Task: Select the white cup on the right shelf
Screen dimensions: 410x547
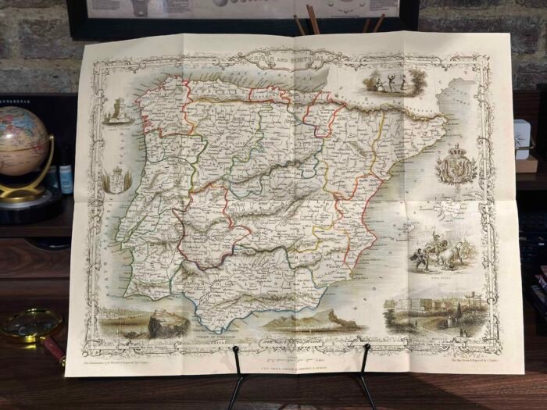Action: click(x=522, y=139)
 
